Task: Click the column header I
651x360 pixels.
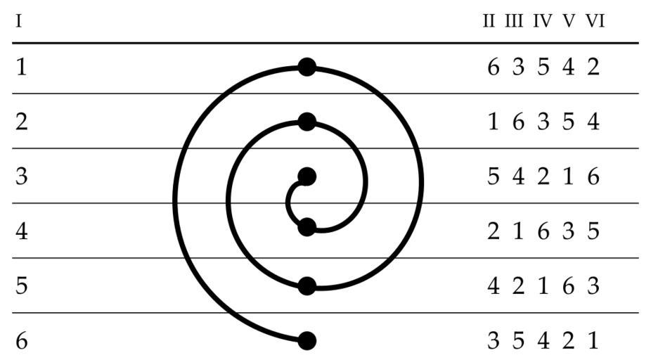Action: click(18, 21)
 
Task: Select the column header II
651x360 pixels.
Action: click(489, 21)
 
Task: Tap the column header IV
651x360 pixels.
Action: click(543, 21)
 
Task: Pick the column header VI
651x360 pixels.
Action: click(595, 21)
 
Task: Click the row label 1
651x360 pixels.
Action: click(22, 67)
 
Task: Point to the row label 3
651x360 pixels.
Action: click(22, 176)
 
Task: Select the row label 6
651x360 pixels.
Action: click(22, 340)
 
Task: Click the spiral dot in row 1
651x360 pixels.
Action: click(307, 67)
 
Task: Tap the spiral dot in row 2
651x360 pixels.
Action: click(307, 122)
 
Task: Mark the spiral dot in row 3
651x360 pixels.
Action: click(307, 177)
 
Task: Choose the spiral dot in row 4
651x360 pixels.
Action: click(307, 227)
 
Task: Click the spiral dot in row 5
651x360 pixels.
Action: click(307, 286)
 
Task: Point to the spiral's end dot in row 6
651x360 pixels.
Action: click(307, 341)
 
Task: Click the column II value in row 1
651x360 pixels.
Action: click(494, 67)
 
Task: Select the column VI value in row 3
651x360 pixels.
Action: click(593, 176)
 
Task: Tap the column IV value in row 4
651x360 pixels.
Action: click(543, 231)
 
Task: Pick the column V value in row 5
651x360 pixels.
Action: click(568, 285)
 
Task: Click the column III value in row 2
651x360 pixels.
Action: click(518, 122)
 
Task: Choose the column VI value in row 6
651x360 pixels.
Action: click(593, 340)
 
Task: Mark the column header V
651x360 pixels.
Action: click(569, 21)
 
